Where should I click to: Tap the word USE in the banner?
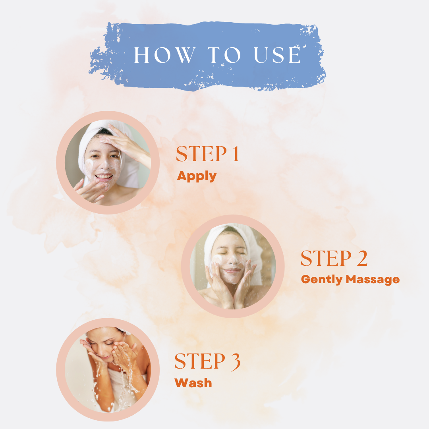coord(277,55)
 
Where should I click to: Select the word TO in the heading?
coord(224,55)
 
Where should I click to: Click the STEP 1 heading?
coord(208,154)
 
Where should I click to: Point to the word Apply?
coord(197,177)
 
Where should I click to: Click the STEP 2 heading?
coord(334,258)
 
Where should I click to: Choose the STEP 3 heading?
coord(207,362)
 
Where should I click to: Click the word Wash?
coord(193,383)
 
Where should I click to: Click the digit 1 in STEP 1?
coord(236,154)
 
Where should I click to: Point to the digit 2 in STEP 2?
coord(362,258)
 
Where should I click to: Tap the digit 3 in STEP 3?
coord(235,362)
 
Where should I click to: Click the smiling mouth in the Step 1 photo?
coord(104,177)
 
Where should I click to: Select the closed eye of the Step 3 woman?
coord(109,342)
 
